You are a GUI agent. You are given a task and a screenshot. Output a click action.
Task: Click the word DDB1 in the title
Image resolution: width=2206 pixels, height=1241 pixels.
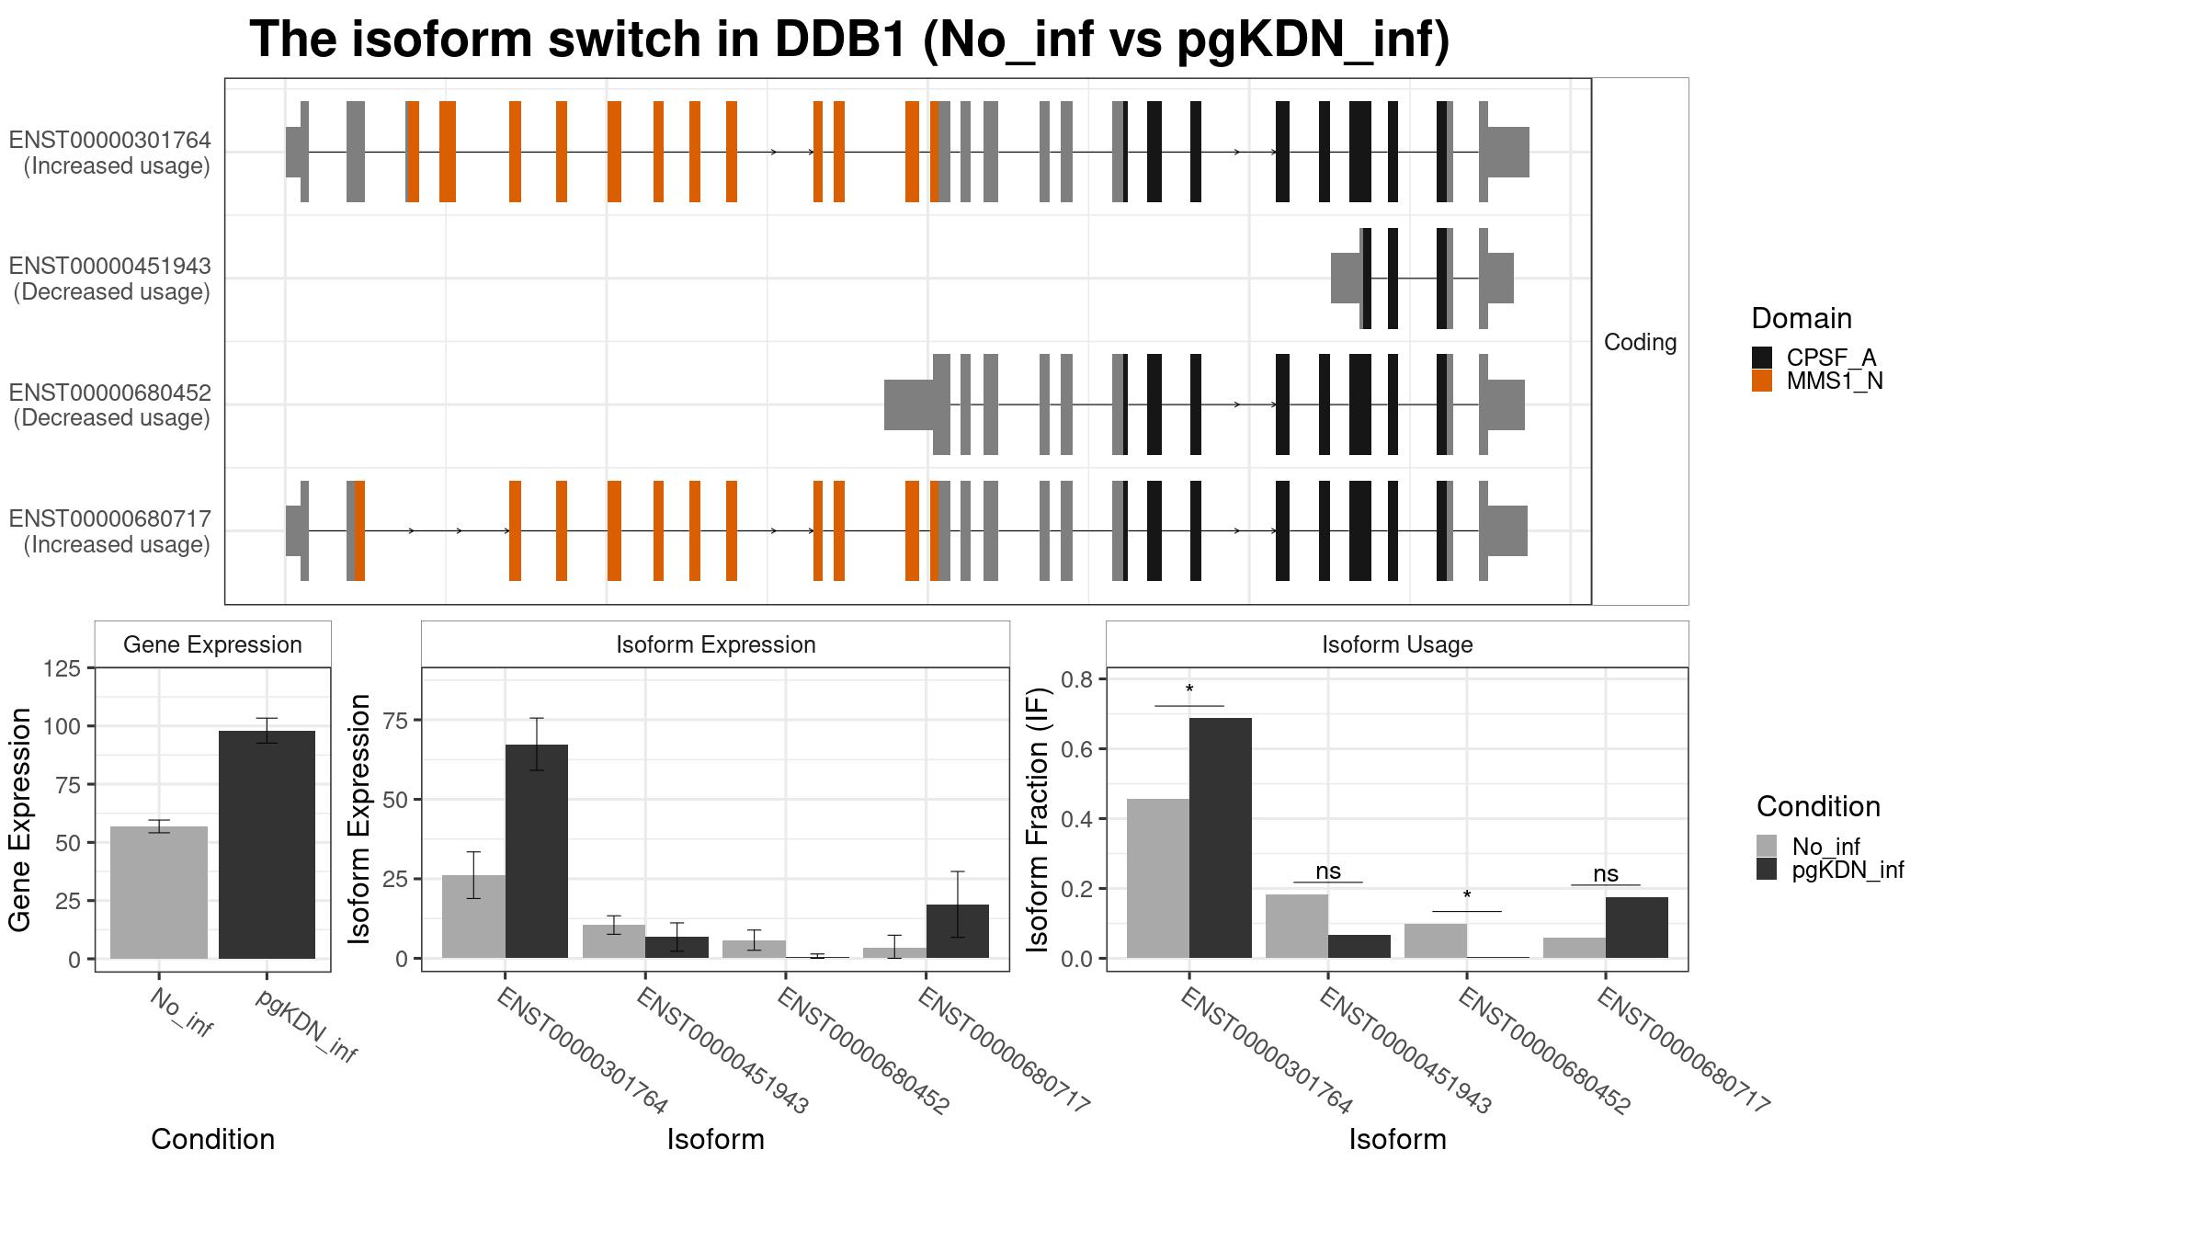[x=840, y=40]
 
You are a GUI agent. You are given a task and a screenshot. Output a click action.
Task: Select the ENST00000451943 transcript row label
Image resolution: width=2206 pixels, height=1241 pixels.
[x=110, y=279]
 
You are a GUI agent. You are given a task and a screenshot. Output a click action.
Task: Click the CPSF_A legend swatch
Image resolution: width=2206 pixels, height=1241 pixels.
[x=1761, y=358]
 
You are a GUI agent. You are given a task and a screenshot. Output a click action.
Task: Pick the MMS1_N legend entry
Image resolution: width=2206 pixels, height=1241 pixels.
[x=1834, y=381]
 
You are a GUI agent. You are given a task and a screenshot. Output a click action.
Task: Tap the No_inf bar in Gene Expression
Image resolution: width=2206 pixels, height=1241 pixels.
[x=159, y=892]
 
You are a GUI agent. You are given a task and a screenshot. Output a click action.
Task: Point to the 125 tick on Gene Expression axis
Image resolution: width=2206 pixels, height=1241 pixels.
[x=63, y=668]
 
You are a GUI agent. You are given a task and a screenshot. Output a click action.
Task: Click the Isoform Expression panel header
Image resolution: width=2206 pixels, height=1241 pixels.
[x=715, y=644]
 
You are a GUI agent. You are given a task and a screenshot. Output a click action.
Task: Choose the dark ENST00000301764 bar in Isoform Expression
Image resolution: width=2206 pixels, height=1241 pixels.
[x=537, y=850]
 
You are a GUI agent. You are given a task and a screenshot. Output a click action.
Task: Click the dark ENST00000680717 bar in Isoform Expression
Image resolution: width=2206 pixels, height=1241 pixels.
[x=958, y=930]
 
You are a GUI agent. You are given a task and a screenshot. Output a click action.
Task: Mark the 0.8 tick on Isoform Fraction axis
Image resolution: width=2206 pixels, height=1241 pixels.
[x=1077, y=680]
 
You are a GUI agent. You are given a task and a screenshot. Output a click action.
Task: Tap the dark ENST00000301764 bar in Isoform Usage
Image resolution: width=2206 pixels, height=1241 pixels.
[x=1220, y=837]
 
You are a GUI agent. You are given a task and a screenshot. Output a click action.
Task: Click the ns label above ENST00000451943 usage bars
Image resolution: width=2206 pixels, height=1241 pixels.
[x=1328, y=871]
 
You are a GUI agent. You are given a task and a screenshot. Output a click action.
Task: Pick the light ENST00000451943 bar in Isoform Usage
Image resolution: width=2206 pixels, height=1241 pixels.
[x=1297, y=926]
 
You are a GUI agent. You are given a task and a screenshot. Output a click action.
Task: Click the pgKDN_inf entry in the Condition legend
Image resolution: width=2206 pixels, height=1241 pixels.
[x=1848, y=870]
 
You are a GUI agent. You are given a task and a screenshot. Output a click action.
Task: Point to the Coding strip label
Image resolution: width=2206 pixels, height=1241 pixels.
[x=1640, y=342]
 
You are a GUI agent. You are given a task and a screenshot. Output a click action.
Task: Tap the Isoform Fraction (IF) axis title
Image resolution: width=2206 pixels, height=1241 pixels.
[x=1039, y=818]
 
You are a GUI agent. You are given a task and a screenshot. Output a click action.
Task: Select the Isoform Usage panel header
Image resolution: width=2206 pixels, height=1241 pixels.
[x=1397, y=644]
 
